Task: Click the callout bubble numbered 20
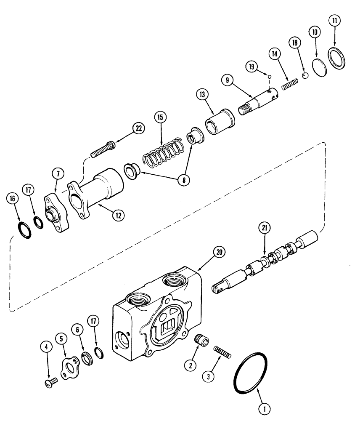tap(219, 252)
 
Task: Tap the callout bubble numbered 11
tap(335, 20)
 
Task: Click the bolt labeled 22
tap(102, 149)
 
